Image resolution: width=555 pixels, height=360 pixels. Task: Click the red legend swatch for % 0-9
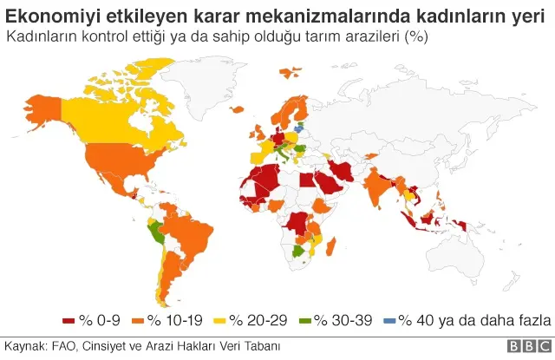click(69, 320)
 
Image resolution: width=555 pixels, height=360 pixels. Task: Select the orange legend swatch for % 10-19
click(138, 320)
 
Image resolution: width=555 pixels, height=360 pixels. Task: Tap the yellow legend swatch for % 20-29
click(221, 320)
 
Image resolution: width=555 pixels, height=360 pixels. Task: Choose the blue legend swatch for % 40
click(389, 320)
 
